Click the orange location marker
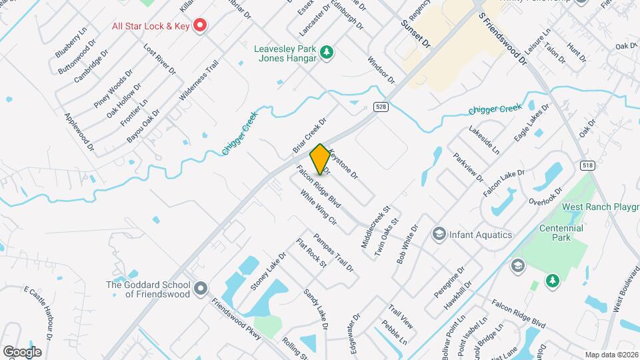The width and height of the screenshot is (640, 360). pos(320,159)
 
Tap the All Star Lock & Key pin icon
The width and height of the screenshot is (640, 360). pos(199,26)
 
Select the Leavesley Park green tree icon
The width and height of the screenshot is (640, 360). pos(326,51)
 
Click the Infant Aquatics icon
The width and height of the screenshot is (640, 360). pos(439,234)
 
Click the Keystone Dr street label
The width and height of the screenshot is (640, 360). pos(343,164)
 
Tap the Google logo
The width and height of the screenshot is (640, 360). pos(22,351)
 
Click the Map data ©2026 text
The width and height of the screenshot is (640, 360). pos(611,355)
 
